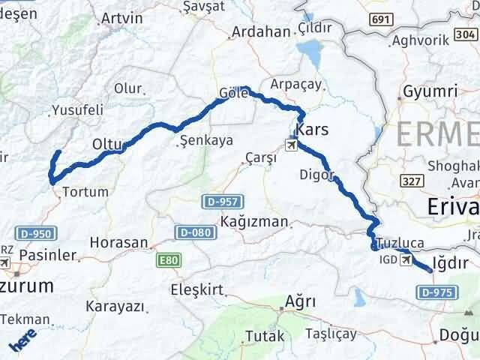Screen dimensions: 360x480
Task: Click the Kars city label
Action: [x=313, y=130]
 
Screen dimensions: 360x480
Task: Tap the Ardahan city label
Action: [x=261, y=32]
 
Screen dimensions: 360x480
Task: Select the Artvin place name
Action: [x=121, y=17]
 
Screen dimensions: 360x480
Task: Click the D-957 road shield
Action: [x=218, y=202]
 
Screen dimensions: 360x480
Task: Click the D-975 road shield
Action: [x=436, y=292]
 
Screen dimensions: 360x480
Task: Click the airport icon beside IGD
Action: [x=407, y=260]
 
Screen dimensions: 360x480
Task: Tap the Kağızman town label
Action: [x=253, y=222]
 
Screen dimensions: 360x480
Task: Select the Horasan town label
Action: [x=118, y=243]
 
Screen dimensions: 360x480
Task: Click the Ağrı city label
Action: [x=299, y=301]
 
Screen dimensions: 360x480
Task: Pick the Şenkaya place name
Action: [x=208, y=140]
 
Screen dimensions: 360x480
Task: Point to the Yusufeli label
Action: [x=77, y=110]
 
